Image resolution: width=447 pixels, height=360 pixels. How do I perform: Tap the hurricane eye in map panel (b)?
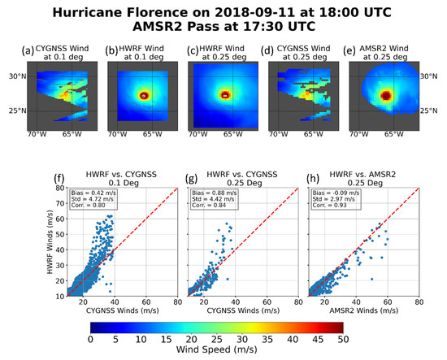pyautogui.click(x=144, y=95)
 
